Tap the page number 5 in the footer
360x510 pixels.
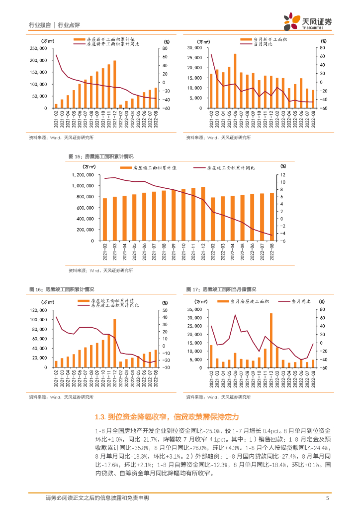click(x=327, y=498)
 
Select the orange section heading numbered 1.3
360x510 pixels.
click(x=167, y=416)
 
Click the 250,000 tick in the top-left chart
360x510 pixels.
click(x=39, y=48)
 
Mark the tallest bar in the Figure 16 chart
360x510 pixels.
click(x=115, y=343)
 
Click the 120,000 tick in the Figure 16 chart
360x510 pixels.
click(x=40, y=310)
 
